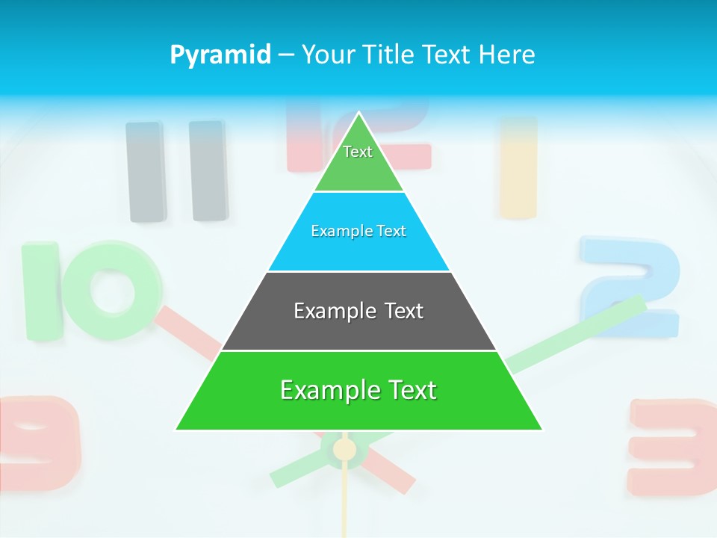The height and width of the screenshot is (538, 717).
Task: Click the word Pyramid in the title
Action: (220, 55)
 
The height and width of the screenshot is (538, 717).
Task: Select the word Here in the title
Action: (506, 55)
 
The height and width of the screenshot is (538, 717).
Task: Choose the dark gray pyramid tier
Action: (358, 329)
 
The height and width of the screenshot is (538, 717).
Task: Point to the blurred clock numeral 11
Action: (177, 171)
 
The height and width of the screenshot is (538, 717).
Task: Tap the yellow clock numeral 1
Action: (518, 167)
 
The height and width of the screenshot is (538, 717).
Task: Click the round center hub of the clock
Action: (344, 449)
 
